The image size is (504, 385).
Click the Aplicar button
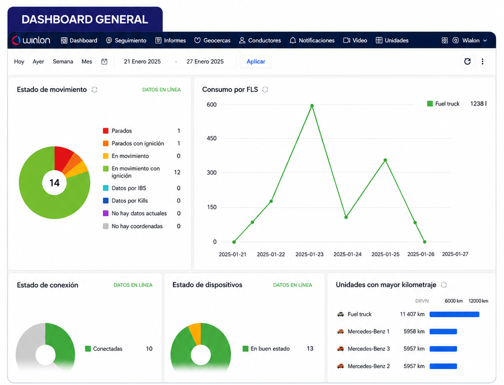tap(256, 62)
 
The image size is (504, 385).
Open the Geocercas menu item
tap(212, 40)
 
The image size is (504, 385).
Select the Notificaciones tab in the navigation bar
tap(312, 40)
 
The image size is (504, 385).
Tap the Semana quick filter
tap(63, 62)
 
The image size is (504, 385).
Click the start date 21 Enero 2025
tap(142, 62)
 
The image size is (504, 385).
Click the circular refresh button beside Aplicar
tap(468, 62)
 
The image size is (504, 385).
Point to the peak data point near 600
tap(312, 105)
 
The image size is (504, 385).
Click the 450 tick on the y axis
tap(211, 139)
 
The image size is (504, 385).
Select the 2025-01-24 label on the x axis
tap(347, 254)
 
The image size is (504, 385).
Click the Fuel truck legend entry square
tap(430, 104)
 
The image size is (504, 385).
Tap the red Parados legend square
tap(105, 131)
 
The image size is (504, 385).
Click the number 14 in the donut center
tap(54, 183)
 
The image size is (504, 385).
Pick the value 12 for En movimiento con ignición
tap(177, 172)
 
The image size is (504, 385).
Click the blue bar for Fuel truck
tap(454, 314)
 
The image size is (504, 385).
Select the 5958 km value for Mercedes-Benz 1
tap(414, 331)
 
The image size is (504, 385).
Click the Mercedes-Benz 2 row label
tap(369, 366)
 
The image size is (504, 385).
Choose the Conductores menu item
tap(260, 40)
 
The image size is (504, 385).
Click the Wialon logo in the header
tap(31, 40)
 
